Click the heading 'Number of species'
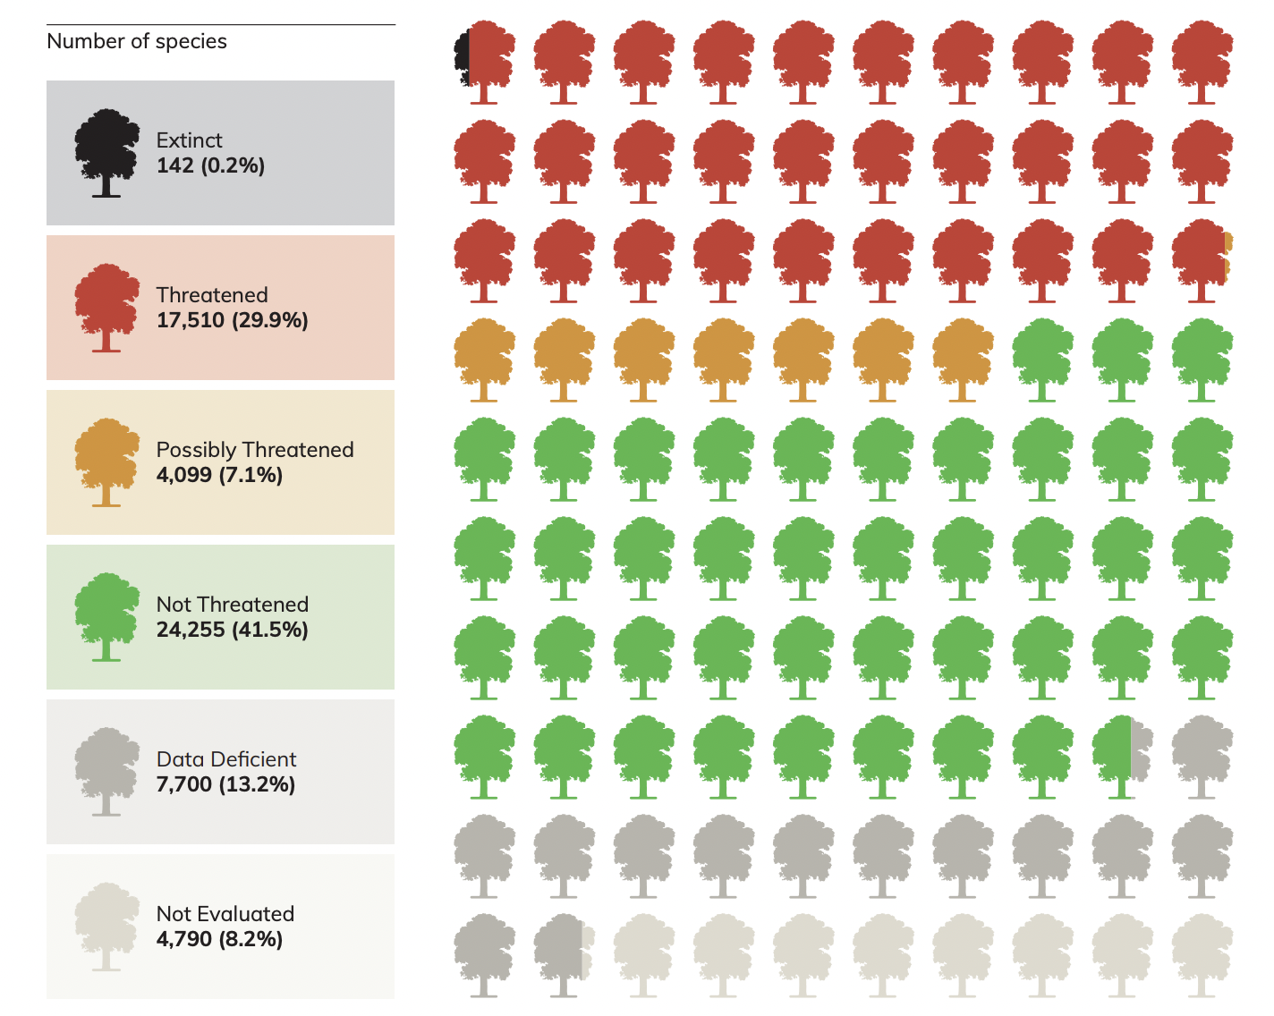click(137, 41)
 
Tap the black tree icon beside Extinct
click(106, 152)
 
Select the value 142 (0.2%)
click(210, 165)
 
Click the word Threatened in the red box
click(212, 295)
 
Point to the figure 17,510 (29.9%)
click(232, 320)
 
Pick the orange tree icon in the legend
click(106, 461)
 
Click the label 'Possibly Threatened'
click(255, 450)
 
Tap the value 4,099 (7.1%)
click(219, 475)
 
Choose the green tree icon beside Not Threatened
click(106, 616)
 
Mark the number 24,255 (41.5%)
click(232, 630)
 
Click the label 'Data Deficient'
click(225, 759)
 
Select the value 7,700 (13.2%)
click(225, 784)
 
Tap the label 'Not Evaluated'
click(225, 914)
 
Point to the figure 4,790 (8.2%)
click(219, 939)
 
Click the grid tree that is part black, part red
click(484, 61)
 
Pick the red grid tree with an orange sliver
click(1202, 259)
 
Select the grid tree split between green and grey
click(1122, 756)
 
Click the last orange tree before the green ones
click(963, 359)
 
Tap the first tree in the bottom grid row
click(484, 954)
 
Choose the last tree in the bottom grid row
click(1202, 954)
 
